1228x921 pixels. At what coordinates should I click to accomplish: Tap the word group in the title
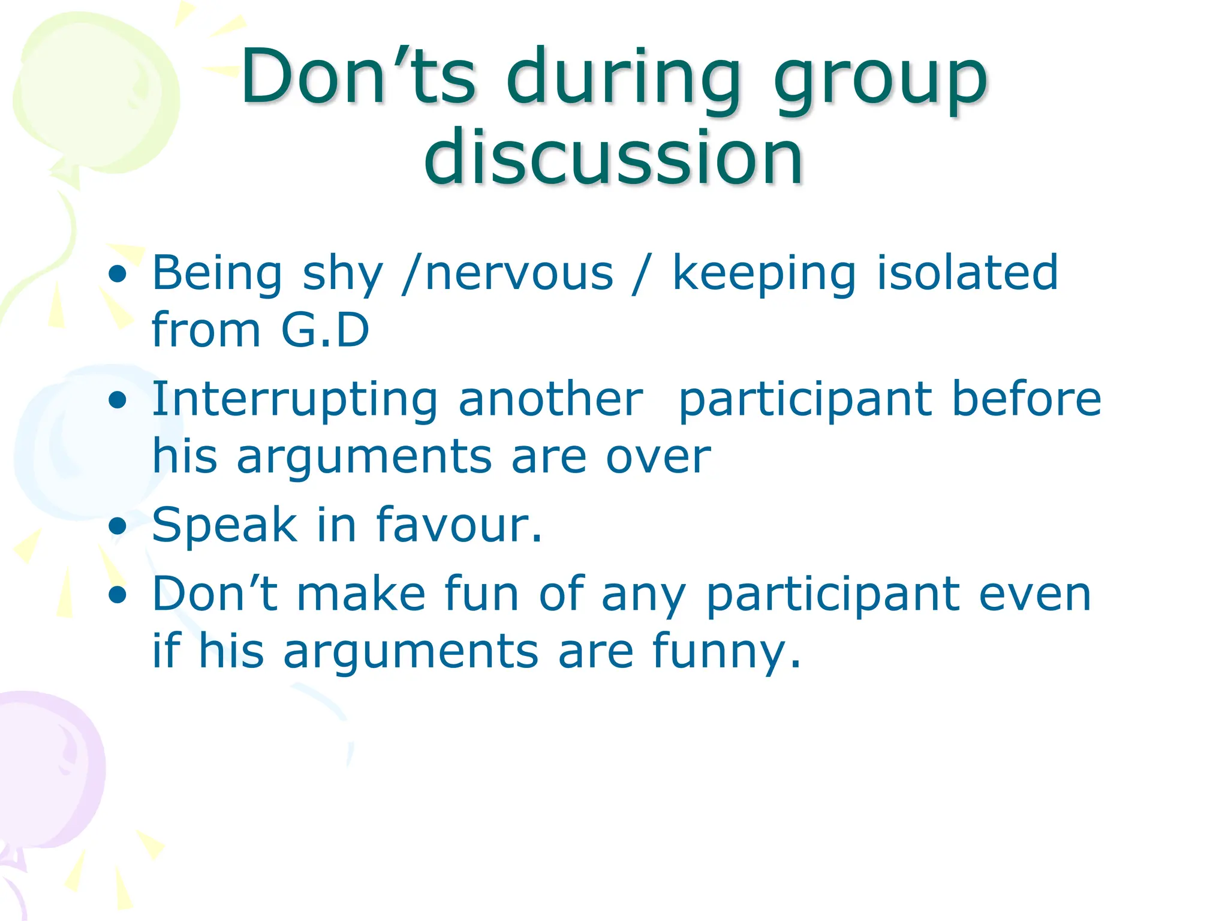coord(880,81)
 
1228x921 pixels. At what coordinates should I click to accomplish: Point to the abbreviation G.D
coord(325,330)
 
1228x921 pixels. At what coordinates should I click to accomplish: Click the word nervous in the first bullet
coord(519,273)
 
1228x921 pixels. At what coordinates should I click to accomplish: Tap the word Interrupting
coord(294,400)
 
